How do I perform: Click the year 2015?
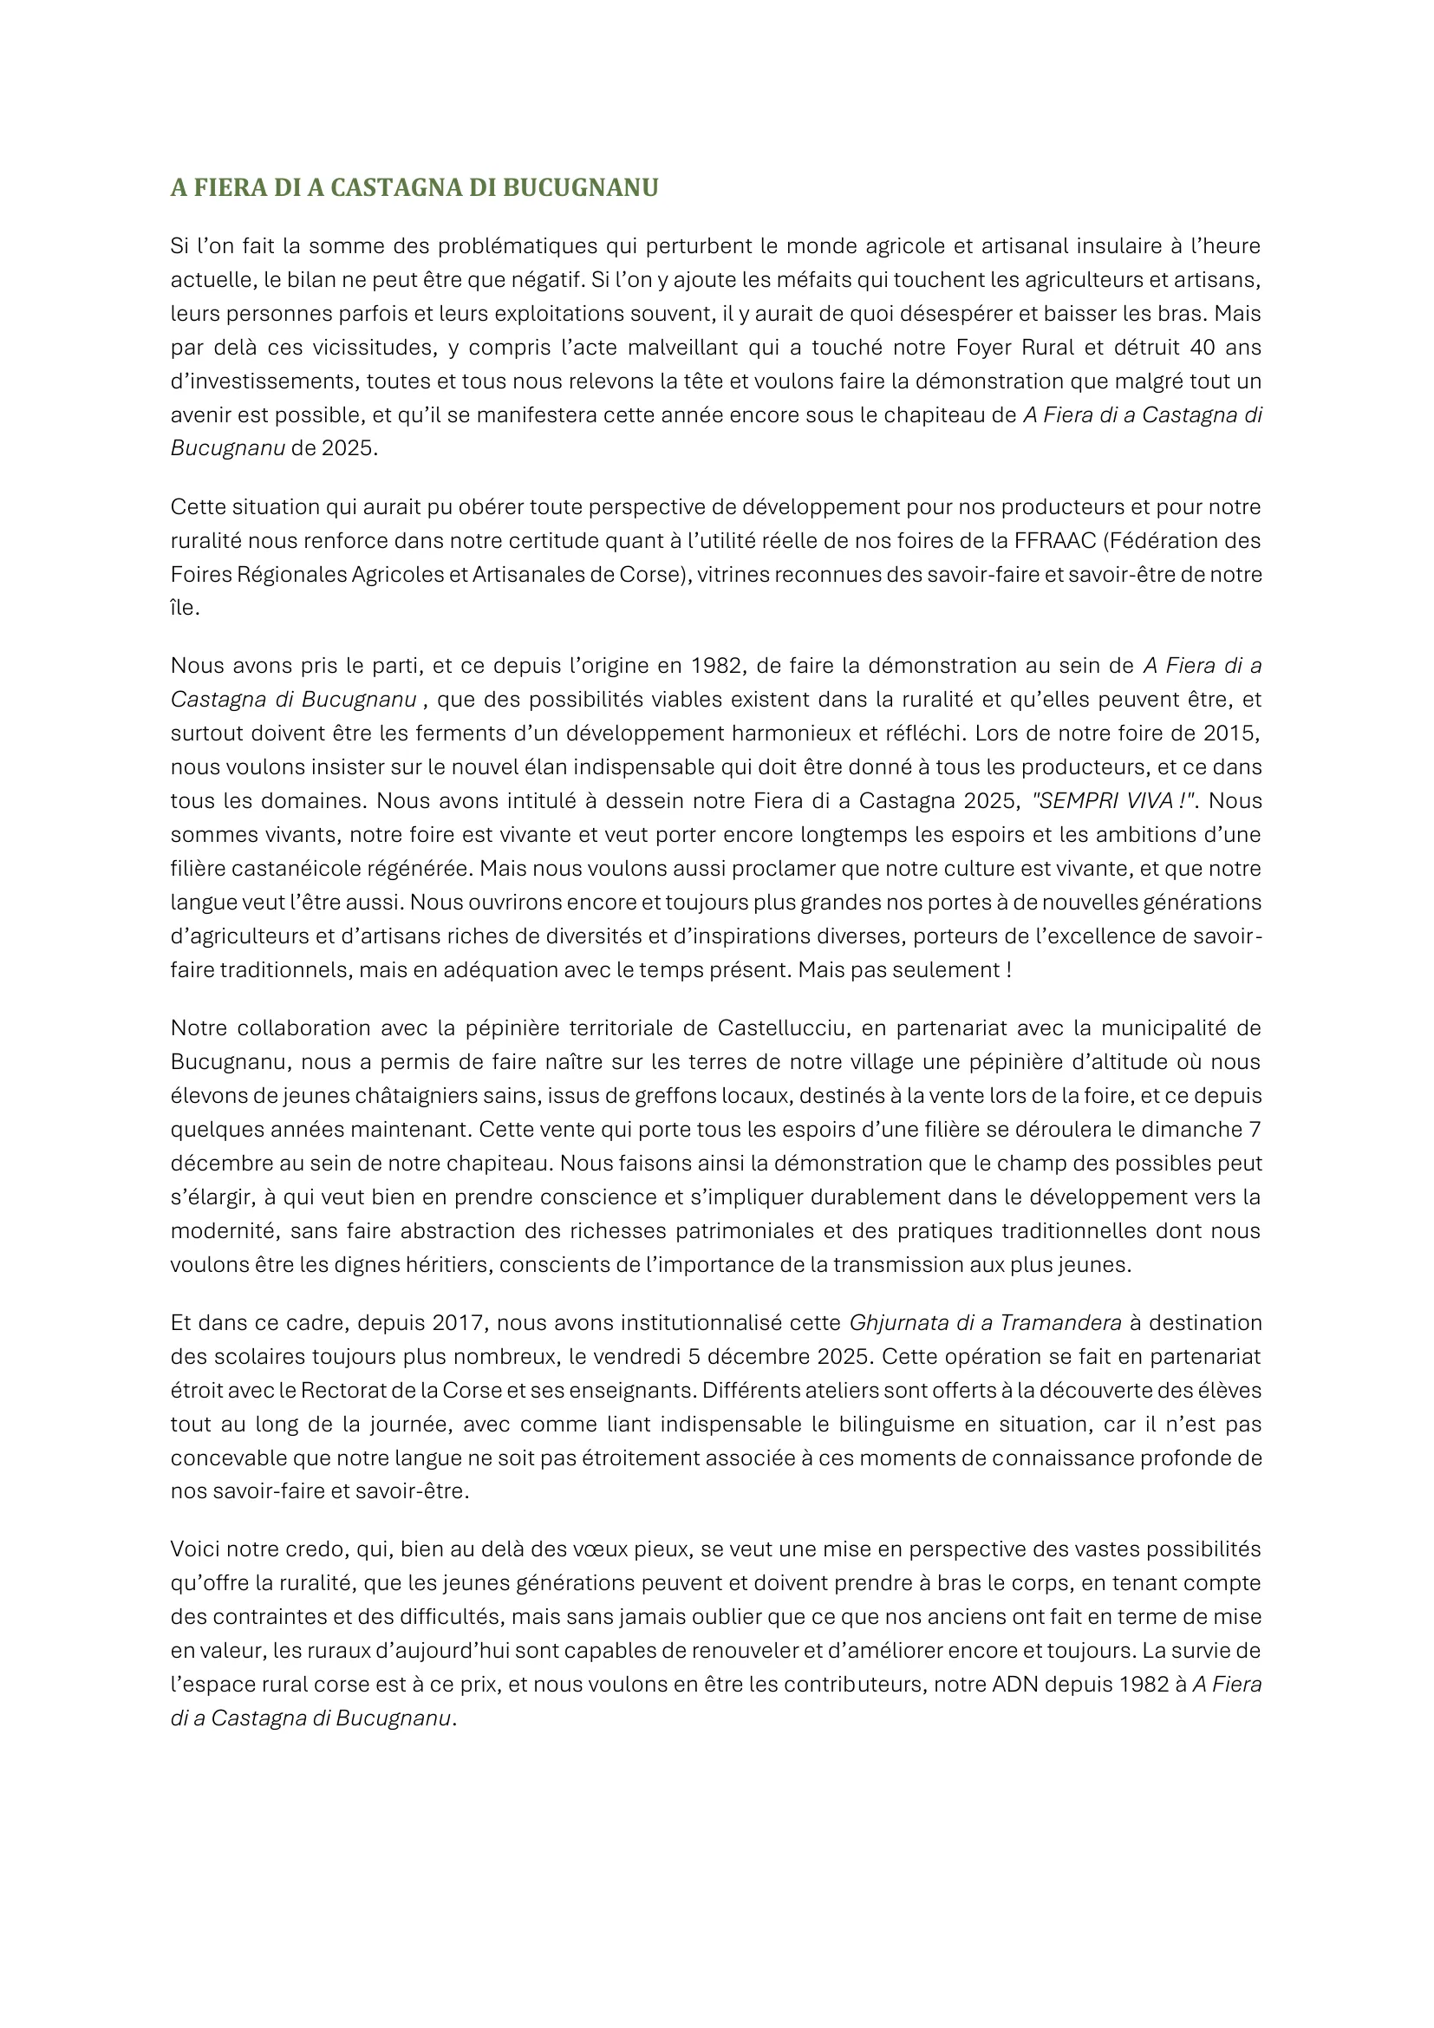click(x=1231, y=733)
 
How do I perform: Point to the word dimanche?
click(x=1193, y=1129)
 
